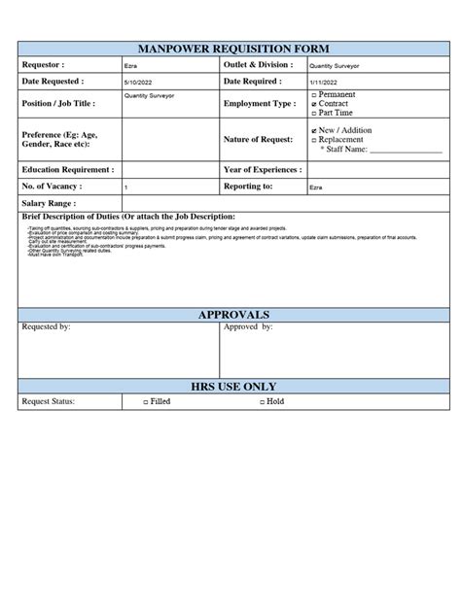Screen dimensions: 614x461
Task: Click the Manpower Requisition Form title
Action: [233, 49]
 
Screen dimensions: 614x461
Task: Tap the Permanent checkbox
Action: [313, 95]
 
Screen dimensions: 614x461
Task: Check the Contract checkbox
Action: [313, 104]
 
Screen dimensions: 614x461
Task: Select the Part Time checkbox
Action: [313, 113]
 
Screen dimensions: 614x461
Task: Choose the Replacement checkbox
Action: [313, 140]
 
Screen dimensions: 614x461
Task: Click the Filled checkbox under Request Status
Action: [146, 401]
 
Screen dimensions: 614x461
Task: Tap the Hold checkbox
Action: [263, 401]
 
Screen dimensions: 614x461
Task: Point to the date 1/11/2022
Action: [323, 83]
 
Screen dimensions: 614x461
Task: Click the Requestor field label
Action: [42, 64]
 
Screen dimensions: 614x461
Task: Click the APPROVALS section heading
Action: [233, 316]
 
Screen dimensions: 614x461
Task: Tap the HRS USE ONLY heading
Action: [233, 387]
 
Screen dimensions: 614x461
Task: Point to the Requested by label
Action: [46, 328]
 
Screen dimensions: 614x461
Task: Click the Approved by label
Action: [248, 328]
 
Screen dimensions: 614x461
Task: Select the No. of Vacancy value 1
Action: [126, 187]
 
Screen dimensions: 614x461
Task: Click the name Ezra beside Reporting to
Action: [317, 187]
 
